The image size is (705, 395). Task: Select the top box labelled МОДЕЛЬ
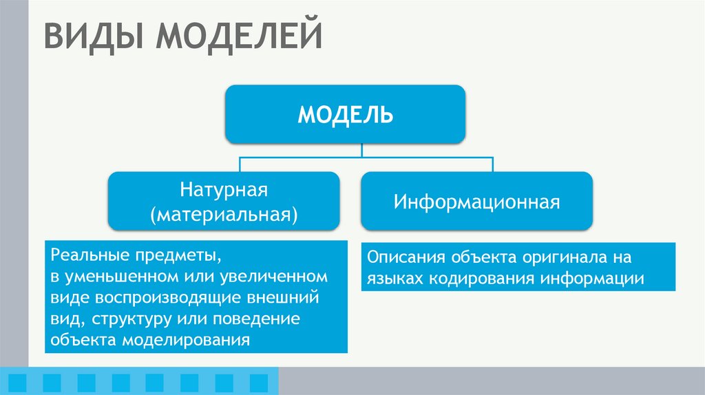(345, 114)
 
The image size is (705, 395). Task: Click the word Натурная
(224, 189)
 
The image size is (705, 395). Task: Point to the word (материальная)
(224, 213)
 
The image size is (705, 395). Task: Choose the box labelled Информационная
(476, 202)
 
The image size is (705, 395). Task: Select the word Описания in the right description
(406, 257)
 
